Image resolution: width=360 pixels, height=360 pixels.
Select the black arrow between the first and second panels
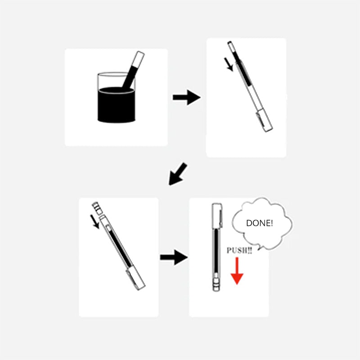pos(186,97)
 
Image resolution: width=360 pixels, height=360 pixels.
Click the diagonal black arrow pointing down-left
pos(178,174)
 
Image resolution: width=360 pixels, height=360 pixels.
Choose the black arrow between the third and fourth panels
pos(174,258)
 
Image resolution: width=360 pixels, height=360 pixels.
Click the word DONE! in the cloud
pos(259,223)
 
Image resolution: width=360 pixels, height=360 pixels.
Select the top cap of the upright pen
pos(217,211)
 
